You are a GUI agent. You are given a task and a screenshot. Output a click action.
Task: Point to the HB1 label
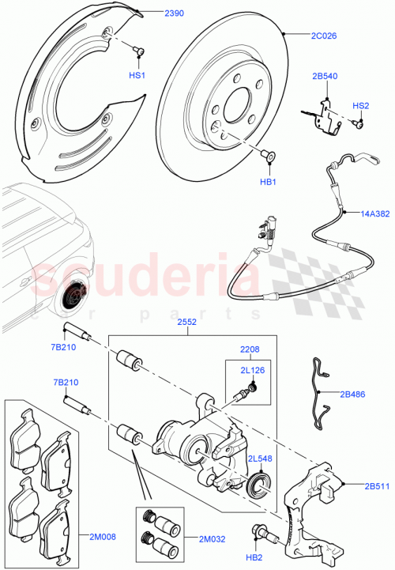coord(268,183)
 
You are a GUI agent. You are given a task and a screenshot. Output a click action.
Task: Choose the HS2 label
coord(360,105)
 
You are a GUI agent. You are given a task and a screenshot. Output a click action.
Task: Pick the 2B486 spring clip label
coord(353,393)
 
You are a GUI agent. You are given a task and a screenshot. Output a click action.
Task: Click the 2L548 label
coord(260,459)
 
